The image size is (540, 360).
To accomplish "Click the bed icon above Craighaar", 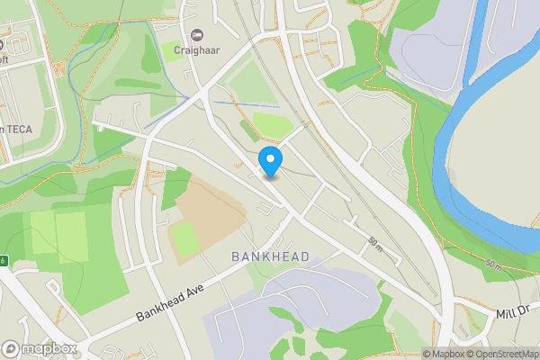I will click(197, 35).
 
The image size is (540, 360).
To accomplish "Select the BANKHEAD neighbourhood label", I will click(270, 257).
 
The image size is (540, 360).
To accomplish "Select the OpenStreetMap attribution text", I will click(504, 354).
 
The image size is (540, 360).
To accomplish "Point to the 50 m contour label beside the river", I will click(493, 265).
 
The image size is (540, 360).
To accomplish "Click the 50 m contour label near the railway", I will click(375, 242).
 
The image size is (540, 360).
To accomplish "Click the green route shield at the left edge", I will click(3, 260).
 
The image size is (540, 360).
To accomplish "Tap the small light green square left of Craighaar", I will click(169, 50).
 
